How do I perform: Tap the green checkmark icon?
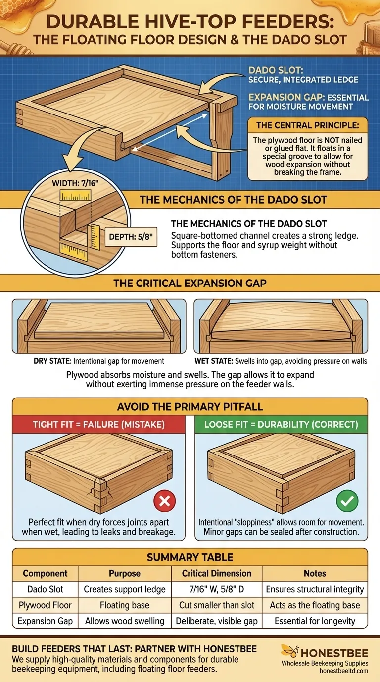(x=347, y=501)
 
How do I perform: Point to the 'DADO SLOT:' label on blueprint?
(x=273, y=70)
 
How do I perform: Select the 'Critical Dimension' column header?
(x=217, y=573)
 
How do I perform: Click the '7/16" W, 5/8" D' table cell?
(x=217, y=589)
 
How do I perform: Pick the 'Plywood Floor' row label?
(x=45, y=605)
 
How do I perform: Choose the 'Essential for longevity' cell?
(x=315, y=621)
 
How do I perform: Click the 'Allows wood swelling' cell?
(x=125, y=621)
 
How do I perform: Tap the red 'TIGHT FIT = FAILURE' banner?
(x=99, y=425)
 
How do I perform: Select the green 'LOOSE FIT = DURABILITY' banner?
(x=281, y=425)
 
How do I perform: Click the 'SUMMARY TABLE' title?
(x=190, y=557)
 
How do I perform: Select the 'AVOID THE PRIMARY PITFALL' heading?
(x=190, y=407)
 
